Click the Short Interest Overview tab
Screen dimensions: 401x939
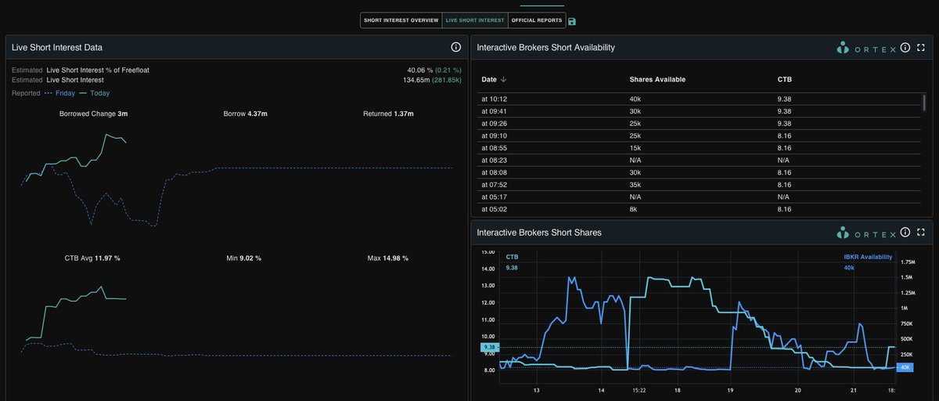401,20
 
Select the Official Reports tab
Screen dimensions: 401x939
537,20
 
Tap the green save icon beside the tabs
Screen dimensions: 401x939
572,21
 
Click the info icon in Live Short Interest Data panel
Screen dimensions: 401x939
455,47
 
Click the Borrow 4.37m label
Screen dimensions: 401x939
245,114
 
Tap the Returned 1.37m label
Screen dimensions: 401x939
388,114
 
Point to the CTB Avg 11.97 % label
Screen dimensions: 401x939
92,258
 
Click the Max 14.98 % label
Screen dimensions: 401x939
388,258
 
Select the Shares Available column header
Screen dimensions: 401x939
657,79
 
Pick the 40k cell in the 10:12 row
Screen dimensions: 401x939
635,99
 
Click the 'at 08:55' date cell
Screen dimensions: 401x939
495,147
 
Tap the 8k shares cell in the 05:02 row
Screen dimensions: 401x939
634,209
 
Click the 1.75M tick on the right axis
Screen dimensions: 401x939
908,262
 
